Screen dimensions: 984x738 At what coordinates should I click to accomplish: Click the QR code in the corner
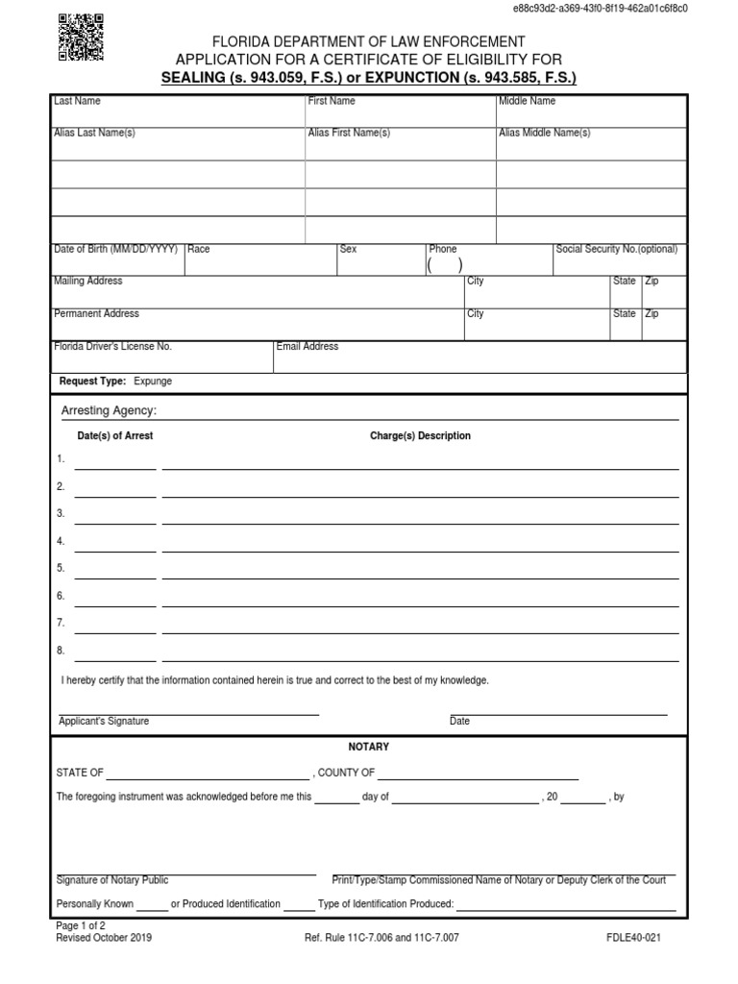point(82,37)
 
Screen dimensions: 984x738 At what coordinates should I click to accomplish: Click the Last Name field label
point(77,101)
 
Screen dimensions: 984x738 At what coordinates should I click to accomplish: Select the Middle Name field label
point(527,101)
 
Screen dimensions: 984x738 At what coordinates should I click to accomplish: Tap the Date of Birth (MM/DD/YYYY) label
point(115,249)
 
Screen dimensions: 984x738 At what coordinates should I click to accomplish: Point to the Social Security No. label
point(616,249)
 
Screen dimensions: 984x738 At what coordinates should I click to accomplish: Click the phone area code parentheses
point(445,265)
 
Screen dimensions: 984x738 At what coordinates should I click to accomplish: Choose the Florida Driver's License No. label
point(112,346)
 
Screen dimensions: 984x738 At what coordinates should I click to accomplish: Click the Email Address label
point(307,346)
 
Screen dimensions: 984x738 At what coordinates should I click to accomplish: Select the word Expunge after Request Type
point(153,381)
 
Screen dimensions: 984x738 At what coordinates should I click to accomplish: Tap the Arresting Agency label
point(109,411)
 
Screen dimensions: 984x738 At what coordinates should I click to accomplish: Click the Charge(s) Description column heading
point(420,435)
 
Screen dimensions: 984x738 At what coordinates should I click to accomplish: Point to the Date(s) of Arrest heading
point(114,435)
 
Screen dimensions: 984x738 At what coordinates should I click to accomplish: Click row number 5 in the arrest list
point(61,568)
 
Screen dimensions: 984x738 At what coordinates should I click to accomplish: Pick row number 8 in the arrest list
point(61,651)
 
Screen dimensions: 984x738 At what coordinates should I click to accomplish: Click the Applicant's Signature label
point(104,722)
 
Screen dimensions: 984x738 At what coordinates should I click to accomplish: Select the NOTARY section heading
point(368,747)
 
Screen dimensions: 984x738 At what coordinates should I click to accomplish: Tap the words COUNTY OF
point(346,773)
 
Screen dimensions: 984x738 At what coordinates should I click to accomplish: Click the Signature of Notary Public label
point(112,880)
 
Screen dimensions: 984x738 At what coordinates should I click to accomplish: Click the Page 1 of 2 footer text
point(84,924)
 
